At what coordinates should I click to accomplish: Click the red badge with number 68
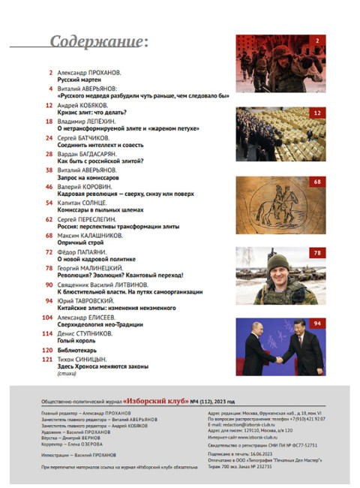pos(317,182)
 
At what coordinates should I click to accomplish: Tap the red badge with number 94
pos(317,324)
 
